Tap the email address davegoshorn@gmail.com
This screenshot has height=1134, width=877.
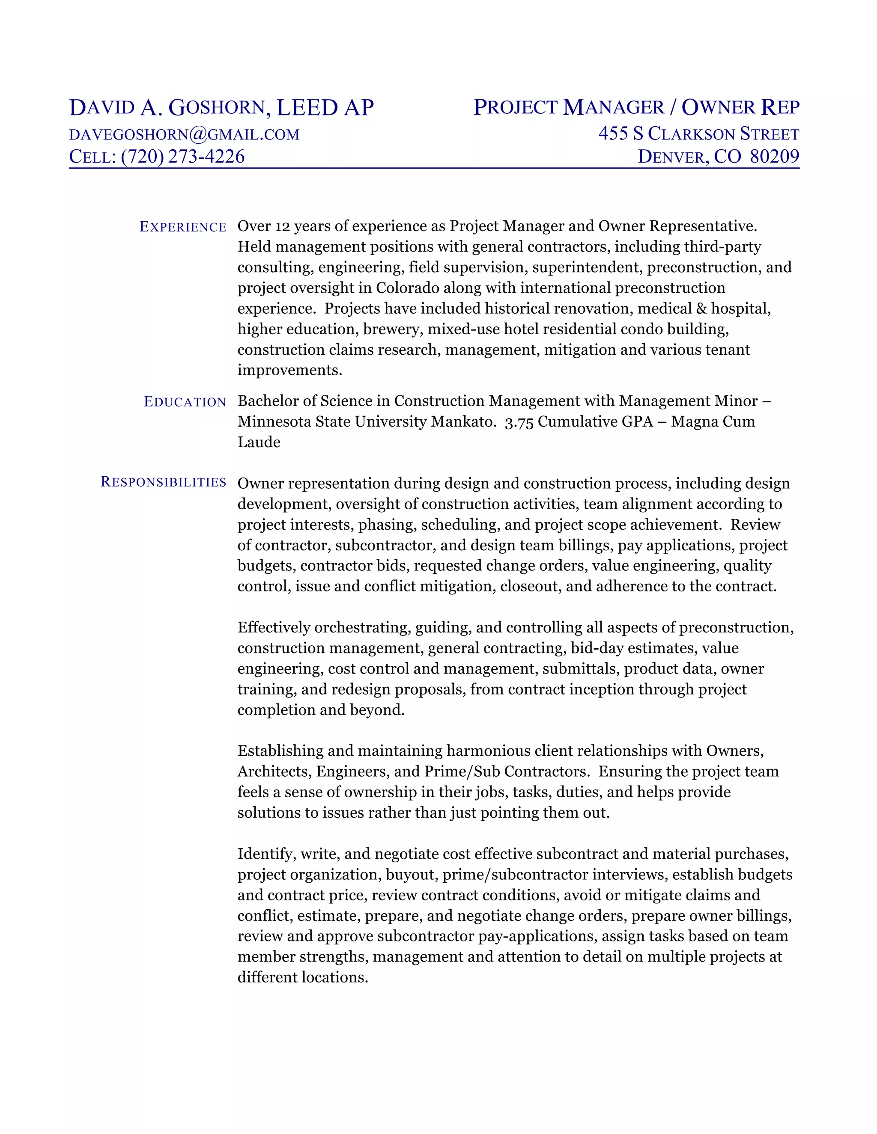tap(185, 134)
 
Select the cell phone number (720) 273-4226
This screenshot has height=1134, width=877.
tap(182, 157)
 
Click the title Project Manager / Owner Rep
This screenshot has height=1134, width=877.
tap(636, 107)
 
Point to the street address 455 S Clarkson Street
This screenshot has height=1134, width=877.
tap(698, 134)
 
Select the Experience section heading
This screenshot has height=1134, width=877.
tap(183, 227)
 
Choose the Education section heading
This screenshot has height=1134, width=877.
tap(185, 402)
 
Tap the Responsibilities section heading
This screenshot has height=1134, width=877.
tap(163, 482)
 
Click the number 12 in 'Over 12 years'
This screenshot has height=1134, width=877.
tap(283, 226)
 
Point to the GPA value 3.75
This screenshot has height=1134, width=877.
tap(519, 422)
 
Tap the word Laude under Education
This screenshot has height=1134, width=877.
tap(259, 442)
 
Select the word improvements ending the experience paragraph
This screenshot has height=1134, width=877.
tap(289, 370)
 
